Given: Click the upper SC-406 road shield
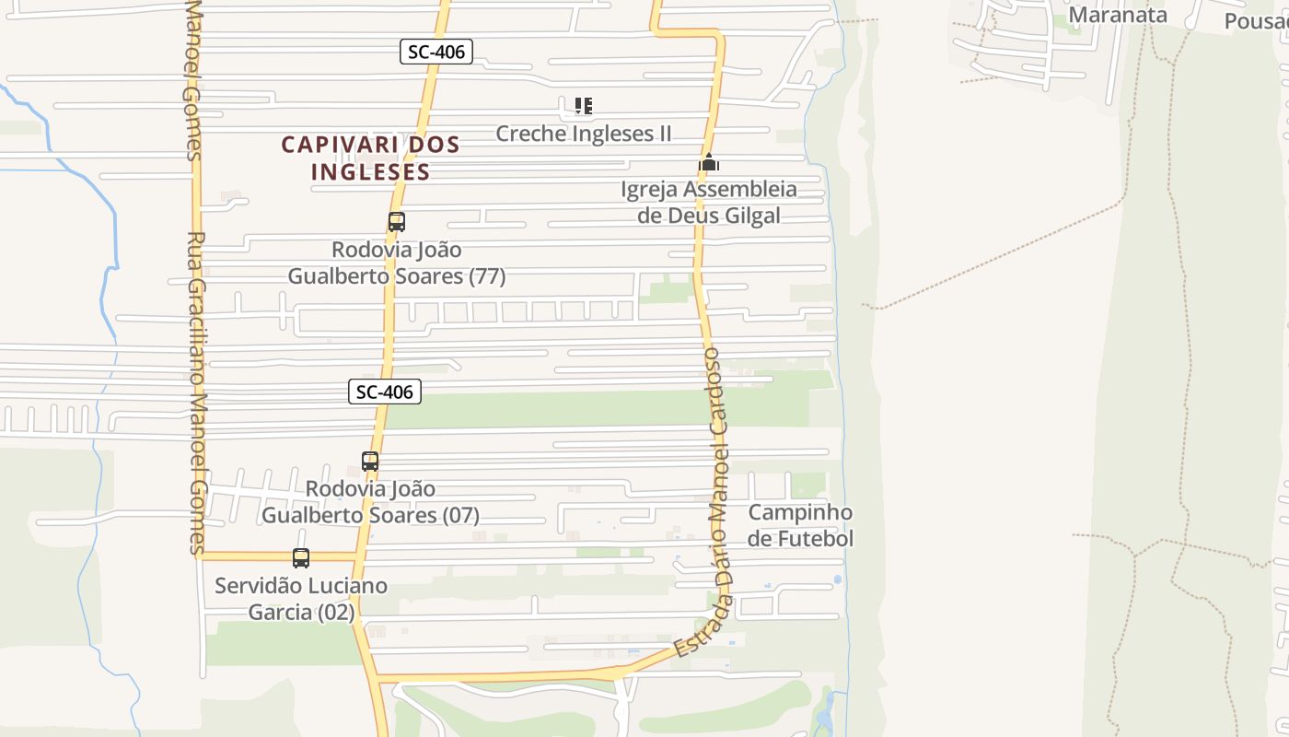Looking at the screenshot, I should click(437, 52).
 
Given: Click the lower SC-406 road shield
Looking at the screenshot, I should click(385, 392).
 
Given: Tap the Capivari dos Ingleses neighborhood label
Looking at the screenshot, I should click(370, 158).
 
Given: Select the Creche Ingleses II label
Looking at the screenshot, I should click(584, 134).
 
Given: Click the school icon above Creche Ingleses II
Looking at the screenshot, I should click(583, 106).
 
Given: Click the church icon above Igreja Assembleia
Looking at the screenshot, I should click(708, 163).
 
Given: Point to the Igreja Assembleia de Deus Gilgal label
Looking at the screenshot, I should click(709, 203).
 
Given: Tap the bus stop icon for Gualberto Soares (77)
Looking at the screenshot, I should click(397, 222).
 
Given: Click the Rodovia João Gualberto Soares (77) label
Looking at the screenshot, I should click(397, 263).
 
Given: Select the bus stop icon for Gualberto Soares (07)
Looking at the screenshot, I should click(370, 462).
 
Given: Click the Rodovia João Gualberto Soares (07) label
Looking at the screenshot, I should click(370, 502).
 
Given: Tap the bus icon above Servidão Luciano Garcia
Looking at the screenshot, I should click(301, 557).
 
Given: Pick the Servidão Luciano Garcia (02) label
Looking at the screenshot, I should click(301, 599).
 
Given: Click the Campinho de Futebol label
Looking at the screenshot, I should click(800, 525).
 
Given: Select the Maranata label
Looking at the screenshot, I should click(1118, 15).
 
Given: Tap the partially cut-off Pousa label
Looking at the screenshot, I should click(1257, 20).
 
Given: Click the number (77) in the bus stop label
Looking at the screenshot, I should click(487, 276).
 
